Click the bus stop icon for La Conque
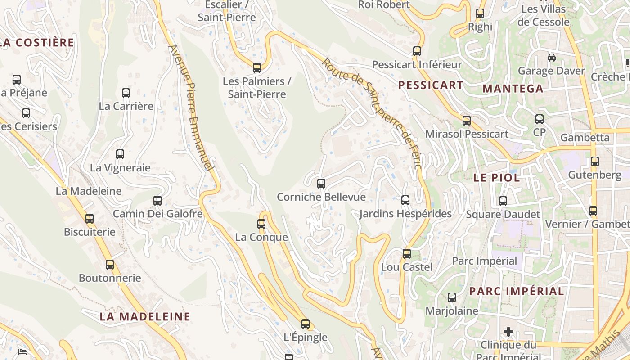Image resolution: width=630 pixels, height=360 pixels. pyautogui.click(x=261, y=224)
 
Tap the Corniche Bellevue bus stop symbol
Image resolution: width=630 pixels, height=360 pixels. pyautogui.click(x=321, y=183)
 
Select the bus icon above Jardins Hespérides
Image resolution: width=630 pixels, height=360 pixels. pyautogui.click(x=405, y=200)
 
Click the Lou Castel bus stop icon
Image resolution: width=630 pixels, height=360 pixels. pyautogui.click(x=407, y=253)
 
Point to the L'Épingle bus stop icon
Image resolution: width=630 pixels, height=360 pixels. pyautogui.click(x=306, y=324)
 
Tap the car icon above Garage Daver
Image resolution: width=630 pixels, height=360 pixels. pyautogui.click(x=551, y=57)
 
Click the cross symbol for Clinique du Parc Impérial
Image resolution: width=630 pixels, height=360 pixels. pyautogui.click(x=508, y=332)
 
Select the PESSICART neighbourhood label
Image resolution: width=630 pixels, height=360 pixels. pyautogui.click(x=431, y=85)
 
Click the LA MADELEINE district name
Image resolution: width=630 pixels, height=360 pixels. pyautogui.click(x=145, y=316)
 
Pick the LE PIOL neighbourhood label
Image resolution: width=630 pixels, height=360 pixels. pyautogui.click(x=496, y=177)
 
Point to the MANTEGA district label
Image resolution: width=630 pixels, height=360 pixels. pyautogui.click(x=513, y=89)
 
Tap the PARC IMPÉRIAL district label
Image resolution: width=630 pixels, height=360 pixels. pyautogui.click(x=516, y=291)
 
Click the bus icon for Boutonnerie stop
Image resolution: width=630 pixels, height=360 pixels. pyautogui.click(x=110, y=264)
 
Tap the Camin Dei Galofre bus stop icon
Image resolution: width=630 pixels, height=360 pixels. pyautogui.click(x=157, y=200)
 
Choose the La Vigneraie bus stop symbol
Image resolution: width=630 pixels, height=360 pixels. pyautogui.click(x=120, y=154)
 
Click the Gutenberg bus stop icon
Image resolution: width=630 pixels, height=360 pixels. pyautogui.click(x=595, y=161)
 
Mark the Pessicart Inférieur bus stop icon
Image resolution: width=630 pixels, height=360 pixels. pyautogui.click(x=417, y=51)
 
